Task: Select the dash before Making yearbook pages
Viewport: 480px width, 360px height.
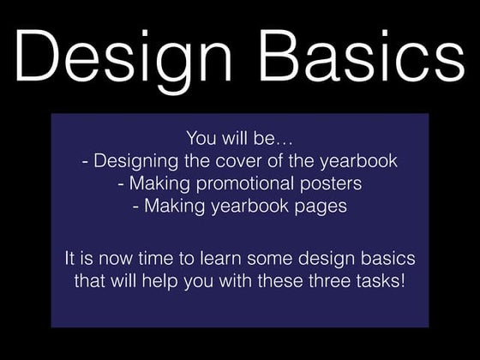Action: coord(136,206)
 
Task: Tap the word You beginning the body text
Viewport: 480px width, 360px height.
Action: coord(199,138)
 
